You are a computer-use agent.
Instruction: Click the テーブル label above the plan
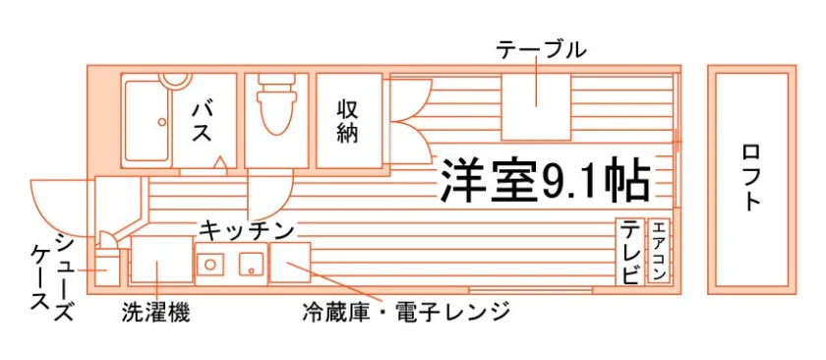pyautogui.click(x=541, y=50)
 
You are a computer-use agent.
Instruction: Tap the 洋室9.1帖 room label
pyautogui.click(x=544, y=179)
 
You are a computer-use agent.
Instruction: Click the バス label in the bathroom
pyautogui.click(x=202, y=122)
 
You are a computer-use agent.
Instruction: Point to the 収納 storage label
pyautogui.click(x=348, y=121)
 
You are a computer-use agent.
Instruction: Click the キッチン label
pyautogui.click(x=246, y=230)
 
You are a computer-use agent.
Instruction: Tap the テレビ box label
pyautogui.click(x=631, y=253)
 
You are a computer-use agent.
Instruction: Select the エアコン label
pyautogui.click(x=659, y=251)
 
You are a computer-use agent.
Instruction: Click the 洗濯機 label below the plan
pyautogui.click(x=156, y=312)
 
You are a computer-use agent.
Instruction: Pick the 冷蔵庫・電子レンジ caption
pyautogui.click(x=406, y=312)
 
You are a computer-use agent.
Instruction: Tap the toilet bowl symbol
pyautogui.click(x=275, y=105)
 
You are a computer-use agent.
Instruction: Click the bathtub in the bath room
pyautogui.click(x=147, y=120)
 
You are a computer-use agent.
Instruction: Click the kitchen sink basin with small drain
pyautogui.click(x=252, y=264)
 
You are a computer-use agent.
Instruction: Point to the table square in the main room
pyautogui.click(x=536, y=107)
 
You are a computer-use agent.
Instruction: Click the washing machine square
pyautogui.click(x=161, y=260)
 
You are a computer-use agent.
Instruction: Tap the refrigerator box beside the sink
pyautogui.click(x=290, y=263)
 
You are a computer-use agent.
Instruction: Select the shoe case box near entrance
pyautogui.click(x=107, y=269)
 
